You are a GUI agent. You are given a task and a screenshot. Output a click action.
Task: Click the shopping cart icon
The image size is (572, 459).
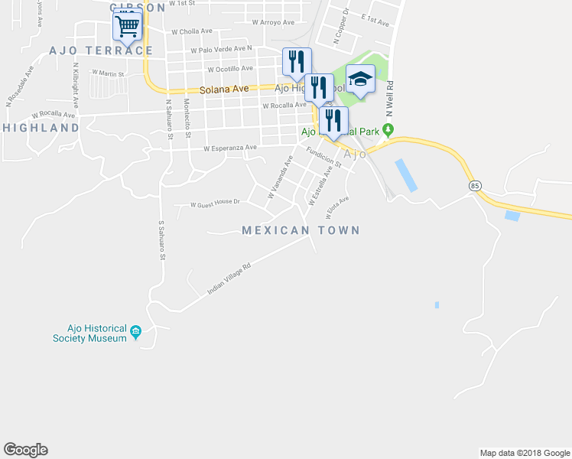[x=128, y=27]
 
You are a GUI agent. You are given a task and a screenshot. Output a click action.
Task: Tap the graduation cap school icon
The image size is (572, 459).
[x=360, y=79]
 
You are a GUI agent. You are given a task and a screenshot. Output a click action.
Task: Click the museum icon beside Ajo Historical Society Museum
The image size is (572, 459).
[x=136, y=331]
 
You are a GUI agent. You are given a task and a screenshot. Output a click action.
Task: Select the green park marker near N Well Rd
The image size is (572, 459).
[x=388, y=129]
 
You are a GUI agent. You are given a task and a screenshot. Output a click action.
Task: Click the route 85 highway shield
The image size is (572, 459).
[x=476, y=186]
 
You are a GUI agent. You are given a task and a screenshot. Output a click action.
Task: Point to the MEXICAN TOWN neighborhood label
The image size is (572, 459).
[x=301, y=230]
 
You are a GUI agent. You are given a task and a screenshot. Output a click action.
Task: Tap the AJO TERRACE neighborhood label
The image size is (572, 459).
[x=101, y=50]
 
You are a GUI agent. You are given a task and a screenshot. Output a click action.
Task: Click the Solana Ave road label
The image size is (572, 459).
[x=225, y=90]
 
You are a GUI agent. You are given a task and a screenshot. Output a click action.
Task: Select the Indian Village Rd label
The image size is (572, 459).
[x=229, y=281]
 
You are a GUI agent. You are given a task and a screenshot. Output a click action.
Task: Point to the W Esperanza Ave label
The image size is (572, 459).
[x=229, y=148]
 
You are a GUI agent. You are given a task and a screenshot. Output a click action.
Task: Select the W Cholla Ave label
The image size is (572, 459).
[x=192, y=32]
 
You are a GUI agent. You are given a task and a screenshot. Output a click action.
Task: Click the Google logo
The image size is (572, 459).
[x=25, y=450]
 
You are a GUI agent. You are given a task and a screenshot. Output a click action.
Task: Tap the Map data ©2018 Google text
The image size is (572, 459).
[x=524, y=453]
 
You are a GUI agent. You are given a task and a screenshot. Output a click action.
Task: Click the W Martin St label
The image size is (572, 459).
[x=108, y=73]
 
